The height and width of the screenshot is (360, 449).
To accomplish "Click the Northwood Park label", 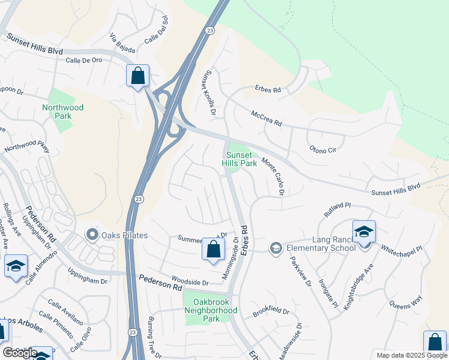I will [62, 112].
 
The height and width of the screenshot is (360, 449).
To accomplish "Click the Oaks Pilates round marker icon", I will [92, 235].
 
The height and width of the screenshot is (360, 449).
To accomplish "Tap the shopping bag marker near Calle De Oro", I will [138, 76].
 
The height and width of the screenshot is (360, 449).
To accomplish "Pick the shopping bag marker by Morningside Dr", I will [213, 249].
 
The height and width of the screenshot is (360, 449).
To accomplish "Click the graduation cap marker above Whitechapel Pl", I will [364, 232].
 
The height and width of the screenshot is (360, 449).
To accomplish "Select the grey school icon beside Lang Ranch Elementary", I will [276, 247].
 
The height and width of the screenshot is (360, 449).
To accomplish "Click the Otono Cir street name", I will [322, 148].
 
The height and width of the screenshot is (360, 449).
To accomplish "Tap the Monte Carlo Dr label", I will [272, 177].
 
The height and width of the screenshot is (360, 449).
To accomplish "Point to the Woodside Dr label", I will [190, 282].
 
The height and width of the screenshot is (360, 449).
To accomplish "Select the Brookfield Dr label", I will [271, 312].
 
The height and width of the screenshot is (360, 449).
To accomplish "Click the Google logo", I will [20, 353].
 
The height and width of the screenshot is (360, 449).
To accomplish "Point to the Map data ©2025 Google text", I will [411, 355].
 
